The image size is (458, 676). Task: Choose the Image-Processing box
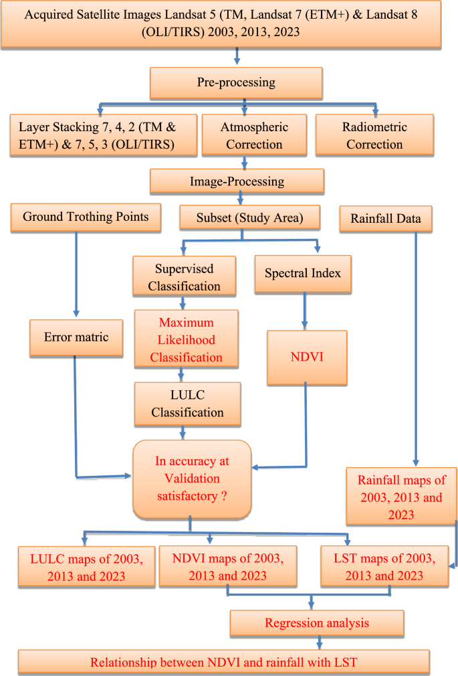click(x=237, y=181)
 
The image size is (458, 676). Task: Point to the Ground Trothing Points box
click(x=86, y=217)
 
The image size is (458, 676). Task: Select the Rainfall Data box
click(x=384, y=218)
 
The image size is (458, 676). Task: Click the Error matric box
click(x=78, y=336)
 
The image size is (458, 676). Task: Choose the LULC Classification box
click(x=187, y=403)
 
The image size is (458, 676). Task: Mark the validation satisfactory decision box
click(x=191, y=479)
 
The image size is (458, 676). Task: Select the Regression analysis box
click(x=316, y=623)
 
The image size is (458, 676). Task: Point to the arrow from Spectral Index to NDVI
click(x=306, y=310)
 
